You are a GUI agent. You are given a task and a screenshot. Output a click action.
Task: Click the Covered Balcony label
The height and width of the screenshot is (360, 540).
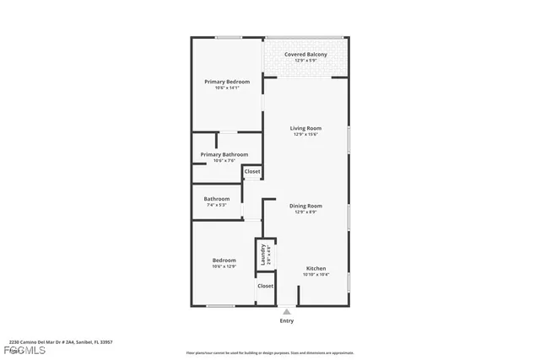(305, 55)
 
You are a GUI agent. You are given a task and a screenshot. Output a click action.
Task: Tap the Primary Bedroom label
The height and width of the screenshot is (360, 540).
(227, 82)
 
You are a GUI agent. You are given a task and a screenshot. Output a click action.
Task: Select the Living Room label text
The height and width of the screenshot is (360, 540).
(305, 128)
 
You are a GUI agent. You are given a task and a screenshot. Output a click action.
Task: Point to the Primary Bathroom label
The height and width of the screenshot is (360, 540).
(224, 154)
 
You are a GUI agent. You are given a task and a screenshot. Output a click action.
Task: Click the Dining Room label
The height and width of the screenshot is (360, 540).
(305, 206)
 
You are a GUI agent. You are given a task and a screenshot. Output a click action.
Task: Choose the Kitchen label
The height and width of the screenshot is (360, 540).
(316, 268)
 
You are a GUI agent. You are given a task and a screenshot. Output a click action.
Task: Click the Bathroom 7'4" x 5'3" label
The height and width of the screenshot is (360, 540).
(217, 199)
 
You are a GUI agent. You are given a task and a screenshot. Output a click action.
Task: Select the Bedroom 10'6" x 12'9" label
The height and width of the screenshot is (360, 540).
(224, 261)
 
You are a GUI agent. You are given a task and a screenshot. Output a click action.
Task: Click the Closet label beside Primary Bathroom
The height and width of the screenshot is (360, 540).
(252, 171)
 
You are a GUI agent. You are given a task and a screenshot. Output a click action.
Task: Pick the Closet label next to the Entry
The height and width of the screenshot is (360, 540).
(265, 286)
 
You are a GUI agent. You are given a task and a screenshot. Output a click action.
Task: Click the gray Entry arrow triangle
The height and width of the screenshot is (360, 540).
(287, 311)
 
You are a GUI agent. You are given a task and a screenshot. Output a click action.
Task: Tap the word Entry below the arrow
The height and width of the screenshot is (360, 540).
(287, 321)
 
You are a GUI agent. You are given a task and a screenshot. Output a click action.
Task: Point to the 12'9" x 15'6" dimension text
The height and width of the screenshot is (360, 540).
(305, 135)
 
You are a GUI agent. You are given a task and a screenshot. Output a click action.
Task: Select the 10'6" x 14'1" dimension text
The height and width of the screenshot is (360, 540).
(227, 88)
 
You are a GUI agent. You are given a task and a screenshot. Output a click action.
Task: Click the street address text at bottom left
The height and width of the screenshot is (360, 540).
(61, 342)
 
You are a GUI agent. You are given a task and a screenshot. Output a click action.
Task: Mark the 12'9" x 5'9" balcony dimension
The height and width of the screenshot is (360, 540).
(305, 61)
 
